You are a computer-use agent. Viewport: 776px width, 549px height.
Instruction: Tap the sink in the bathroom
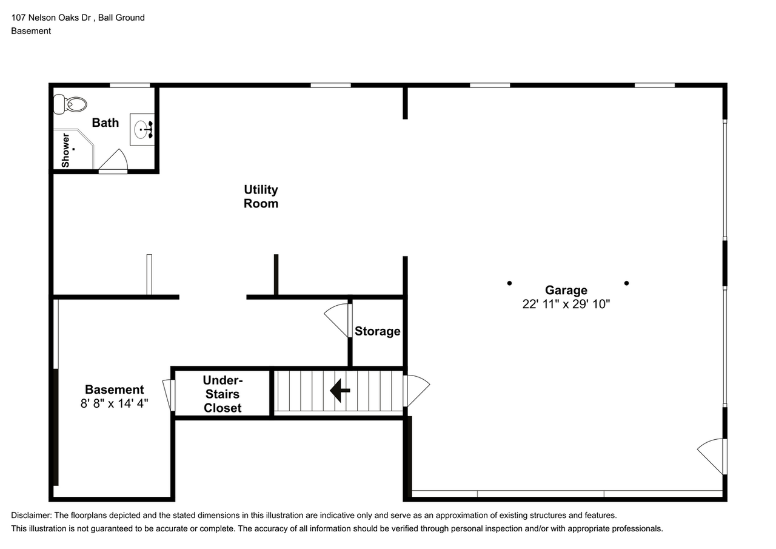pyautogui.click(x=143, y=130)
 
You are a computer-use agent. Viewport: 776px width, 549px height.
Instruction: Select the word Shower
pyautogui.click(x=65, y=150)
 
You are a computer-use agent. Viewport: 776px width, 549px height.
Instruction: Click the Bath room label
pyautogui.click(x=105, y=123)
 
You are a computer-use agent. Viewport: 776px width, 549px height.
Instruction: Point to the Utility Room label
pyautogui.click(x=261, y=197)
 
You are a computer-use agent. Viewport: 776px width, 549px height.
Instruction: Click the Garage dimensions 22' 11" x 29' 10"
pyautogui.click(x=566, y=304)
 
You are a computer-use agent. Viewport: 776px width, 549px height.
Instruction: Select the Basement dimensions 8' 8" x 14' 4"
pyautogui.click(x=114, y=403)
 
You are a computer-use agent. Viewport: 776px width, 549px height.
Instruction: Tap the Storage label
pyautogui.click(x=377, y=331)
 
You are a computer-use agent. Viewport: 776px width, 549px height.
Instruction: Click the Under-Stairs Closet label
pyautogui.click(x=222, y=394)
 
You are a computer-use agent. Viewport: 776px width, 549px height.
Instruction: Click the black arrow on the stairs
pyautogui.click(x=339, y=391)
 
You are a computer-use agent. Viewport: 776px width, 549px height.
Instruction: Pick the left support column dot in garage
pyautogui.click(x=509, y=283)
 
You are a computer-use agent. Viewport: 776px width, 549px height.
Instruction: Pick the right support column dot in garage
pyautogui.click(x=626, y=283)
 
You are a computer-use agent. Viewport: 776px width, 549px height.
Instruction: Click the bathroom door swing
pyautogui.click(x=113, y=162)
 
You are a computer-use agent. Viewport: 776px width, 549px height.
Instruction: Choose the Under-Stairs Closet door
pyautogui.click(x=169, y=395)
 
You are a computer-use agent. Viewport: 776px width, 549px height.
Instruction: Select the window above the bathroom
pyautogui.click(x=130, y=85)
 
